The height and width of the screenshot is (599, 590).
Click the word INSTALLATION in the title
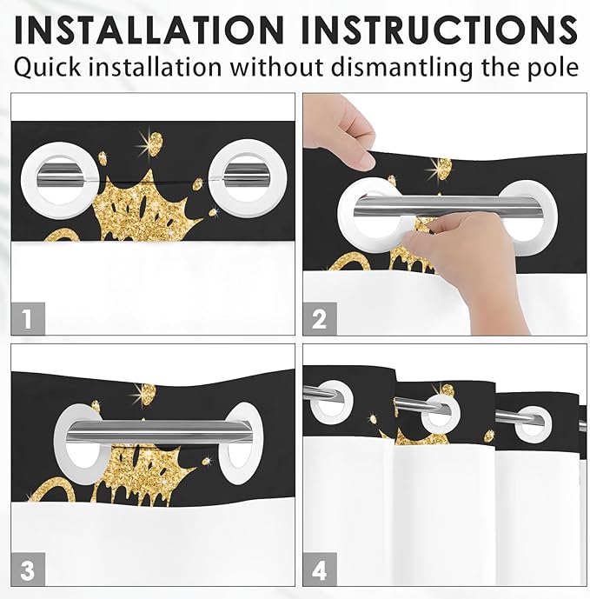click(x=149, y=30)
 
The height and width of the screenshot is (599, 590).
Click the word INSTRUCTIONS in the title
click(x=439, y=30)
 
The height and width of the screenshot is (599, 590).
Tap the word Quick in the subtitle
click(x=47, y=67)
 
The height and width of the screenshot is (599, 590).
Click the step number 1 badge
click(x=28, y=318)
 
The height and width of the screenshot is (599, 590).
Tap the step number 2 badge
click(x=320, y=318)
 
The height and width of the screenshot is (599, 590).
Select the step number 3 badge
click(x=28, y=569)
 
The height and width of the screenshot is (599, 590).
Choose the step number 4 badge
click(x=320, y=569)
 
